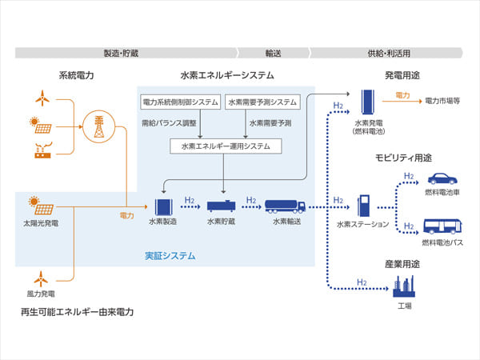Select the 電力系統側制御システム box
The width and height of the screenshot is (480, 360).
[180, 102]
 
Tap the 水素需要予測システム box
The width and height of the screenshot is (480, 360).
[262, 102]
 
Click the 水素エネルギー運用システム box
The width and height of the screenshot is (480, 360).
[220, 146]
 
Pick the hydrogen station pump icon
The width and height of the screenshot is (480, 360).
[364, 206]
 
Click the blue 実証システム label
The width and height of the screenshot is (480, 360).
[170, 256]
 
